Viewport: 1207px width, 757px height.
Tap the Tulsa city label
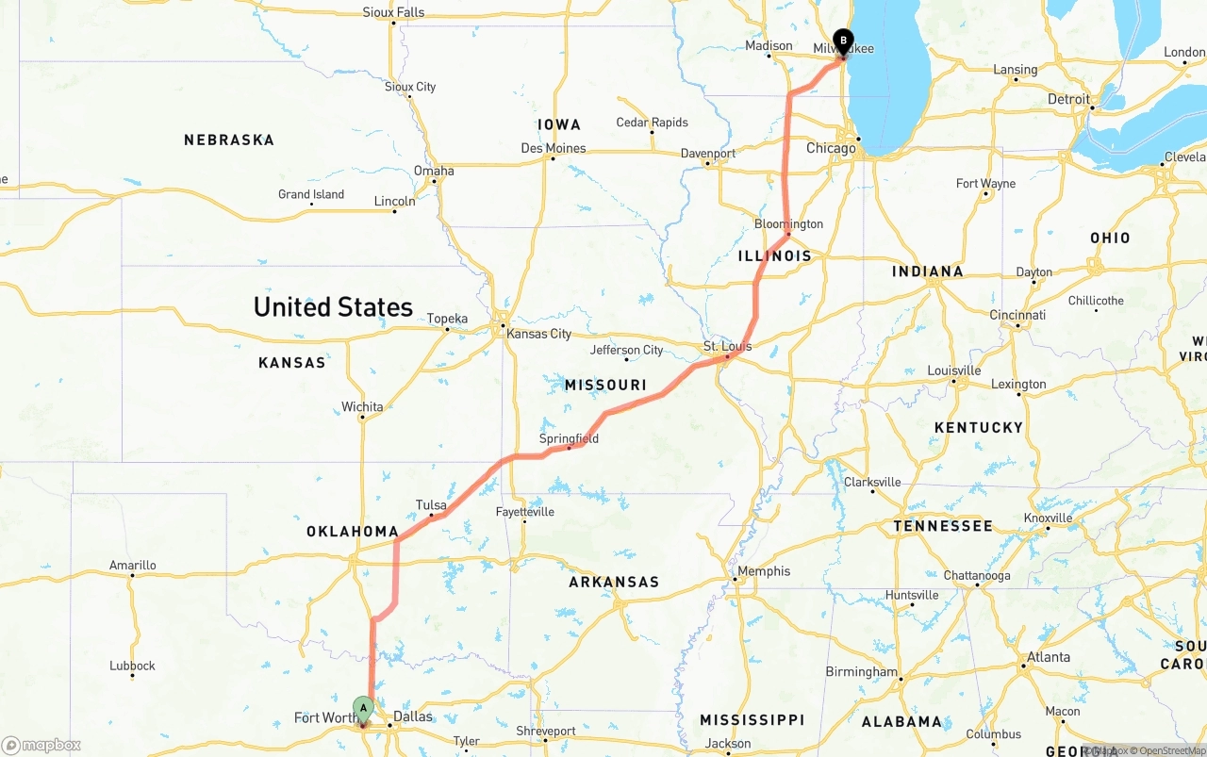[x=431, y=505]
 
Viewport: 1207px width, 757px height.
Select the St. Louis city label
[x=728, y=346]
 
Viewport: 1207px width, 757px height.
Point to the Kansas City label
[x=538, y=334]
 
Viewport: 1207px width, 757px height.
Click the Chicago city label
[x=831, y=148]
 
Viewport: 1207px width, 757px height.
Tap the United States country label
[x=333, y=306]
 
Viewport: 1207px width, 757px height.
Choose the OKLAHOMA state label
[x=353, y=532]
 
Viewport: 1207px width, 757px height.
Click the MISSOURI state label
[x=605, y=385]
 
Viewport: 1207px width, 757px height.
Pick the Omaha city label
[x=434, y=171]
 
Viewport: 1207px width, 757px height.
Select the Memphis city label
[x=764, y=570]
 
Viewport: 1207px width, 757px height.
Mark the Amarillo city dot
[x=132, y=575]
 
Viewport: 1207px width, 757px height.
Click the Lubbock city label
[x=132, y=665]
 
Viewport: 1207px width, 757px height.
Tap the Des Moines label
[x=554, y=148]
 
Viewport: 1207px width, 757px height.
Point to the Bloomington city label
[x=788, y=223]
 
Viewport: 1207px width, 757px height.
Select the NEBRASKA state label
[x=229, y=140]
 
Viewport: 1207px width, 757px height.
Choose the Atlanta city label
[x=1048, y=657]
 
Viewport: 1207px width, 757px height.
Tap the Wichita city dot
[x=362, y=417]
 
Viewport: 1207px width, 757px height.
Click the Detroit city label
[x=1068, y=99]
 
